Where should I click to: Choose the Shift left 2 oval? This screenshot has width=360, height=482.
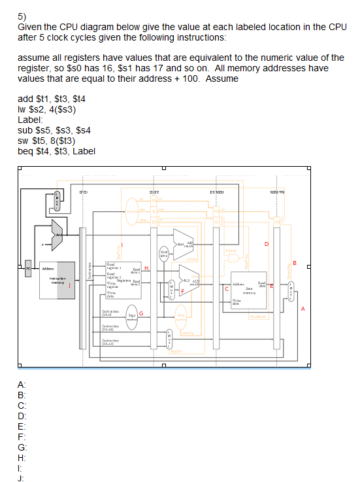click(x=166, y=252)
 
